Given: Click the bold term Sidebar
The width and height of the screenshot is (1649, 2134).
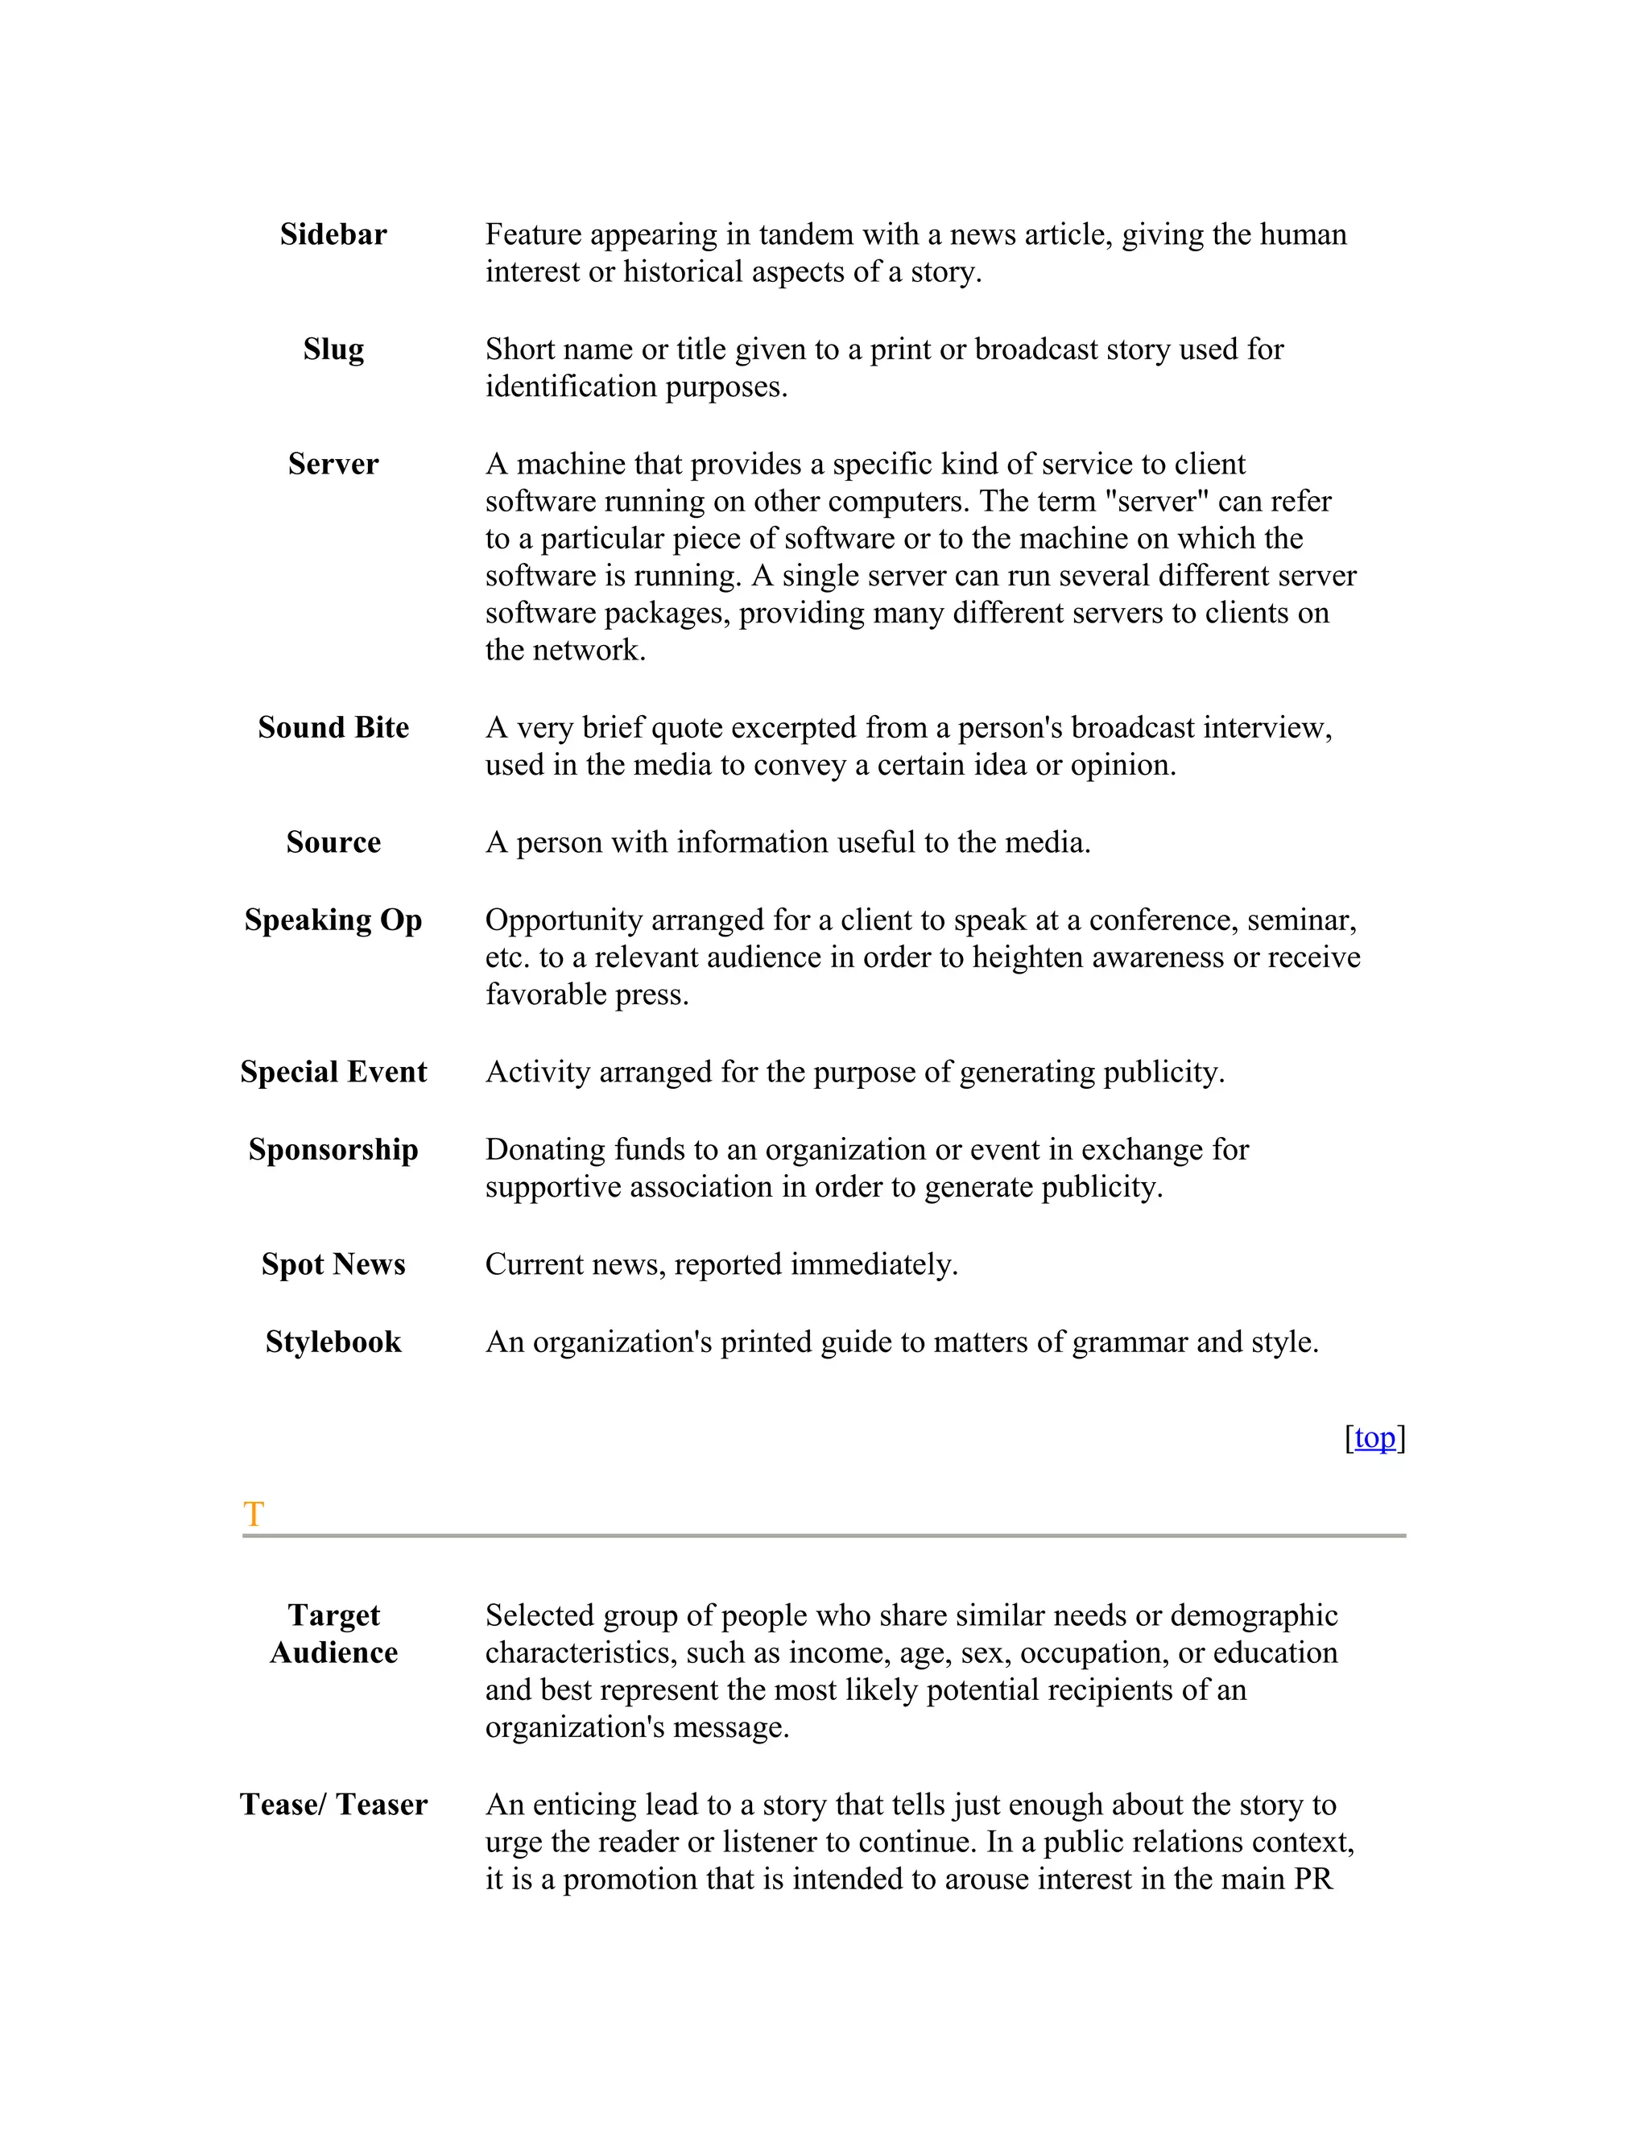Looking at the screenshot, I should tap(333, 234).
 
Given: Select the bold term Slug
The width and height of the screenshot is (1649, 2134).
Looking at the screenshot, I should tap(333, 349).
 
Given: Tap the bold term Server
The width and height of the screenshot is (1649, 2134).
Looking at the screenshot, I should tap(333, 464).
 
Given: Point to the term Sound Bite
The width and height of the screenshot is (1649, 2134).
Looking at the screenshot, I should tap(333, 728).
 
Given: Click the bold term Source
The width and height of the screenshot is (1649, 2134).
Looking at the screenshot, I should tap(333, 842).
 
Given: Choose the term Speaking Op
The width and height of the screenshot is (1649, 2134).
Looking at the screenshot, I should tap(333, 920).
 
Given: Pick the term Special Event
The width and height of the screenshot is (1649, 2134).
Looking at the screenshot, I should tap(333, 1072).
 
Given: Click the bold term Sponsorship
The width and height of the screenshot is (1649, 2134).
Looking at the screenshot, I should tap(333, 1150).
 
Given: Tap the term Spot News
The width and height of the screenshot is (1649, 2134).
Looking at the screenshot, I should tap(333, 1264).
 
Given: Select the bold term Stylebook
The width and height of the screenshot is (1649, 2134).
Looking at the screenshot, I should tap(333, 1342).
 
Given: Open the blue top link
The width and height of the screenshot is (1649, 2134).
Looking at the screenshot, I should tap(1374, 1438).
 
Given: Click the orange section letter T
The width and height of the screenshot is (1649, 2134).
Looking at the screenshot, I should tap(253, 1515).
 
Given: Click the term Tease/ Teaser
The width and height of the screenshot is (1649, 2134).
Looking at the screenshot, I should tap(333, 1805).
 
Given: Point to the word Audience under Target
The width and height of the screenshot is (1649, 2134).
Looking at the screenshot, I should tap(333, 1653).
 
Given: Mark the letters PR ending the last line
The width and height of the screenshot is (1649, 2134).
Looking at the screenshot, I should tap(1313, 1879).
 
